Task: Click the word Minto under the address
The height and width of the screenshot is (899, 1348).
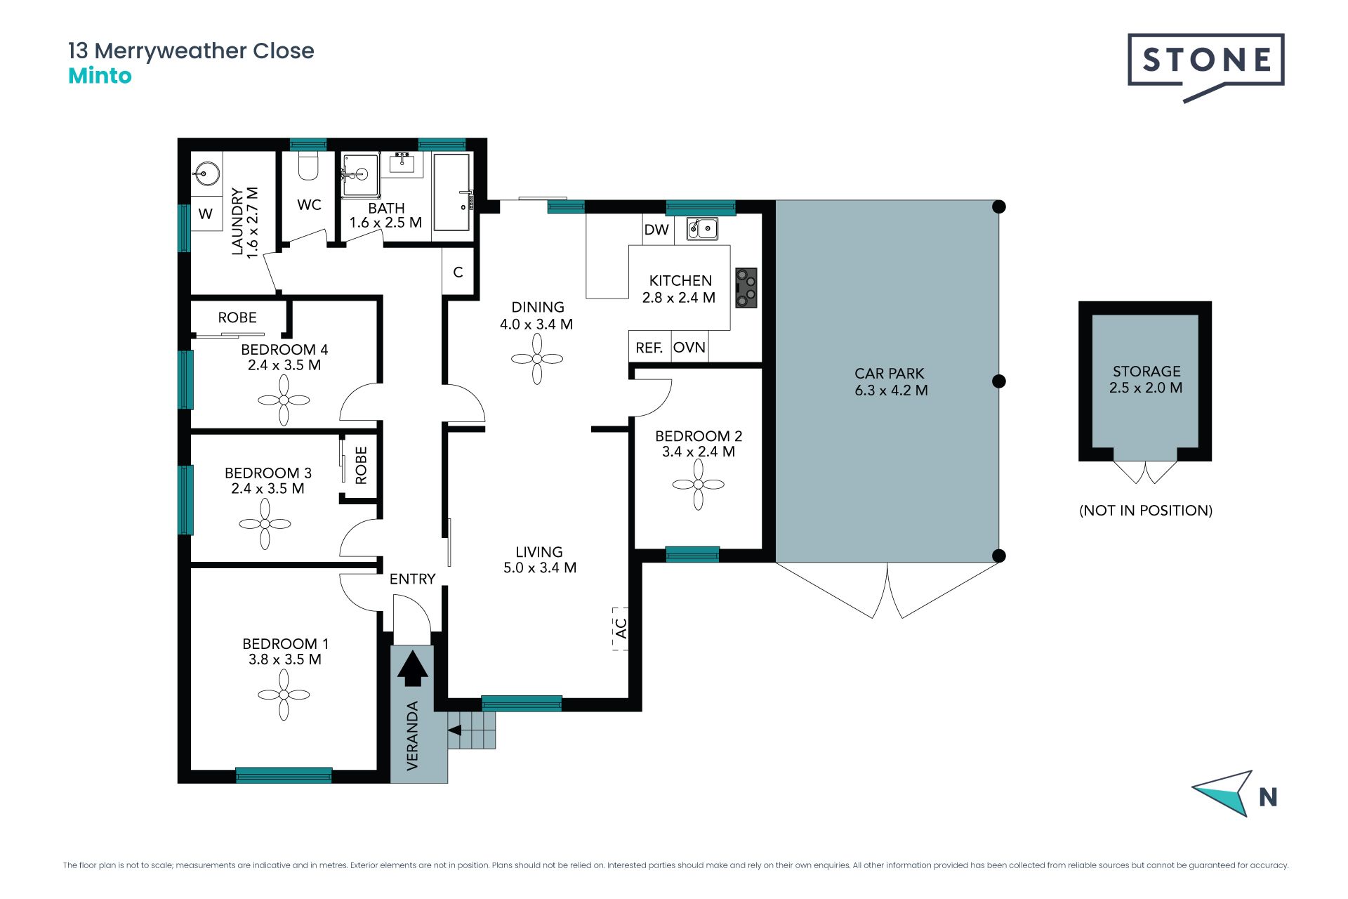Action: (x=100, y=76)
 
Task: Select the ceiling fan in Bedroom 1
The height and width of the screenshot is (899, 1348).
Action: (x=284, y=695)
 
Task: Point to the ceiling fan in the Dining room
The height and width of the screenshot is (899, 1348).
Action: (x=537, y=359)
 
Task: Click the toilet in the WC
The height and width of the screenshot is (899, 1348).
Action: (x=308, y=166)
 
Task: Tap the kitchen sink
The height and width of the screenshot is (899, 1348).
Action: (x=702, y=228)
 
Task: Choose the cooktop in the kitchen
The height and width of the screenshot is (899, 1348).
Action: (x=746, y=288)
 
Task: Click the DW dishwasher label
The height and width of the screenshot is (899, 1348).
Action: (x=656, y=230)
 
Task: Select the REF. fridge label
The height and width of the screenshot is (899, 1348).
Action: (x=649, y=348)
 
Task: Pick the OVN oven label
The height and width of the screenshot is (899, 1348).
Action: (x=689, y=348)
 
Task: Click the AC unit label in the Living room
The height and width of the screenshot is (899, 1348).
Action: (x=621, y=628)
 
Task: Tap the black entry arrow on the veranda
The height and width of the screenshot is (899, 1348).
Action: (x=413, y=668)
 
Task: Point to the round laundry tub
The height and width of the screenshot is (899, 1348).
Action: (x=207, y=171)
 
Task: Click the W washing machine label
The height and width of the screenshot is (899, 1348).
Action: (x=206, y=214)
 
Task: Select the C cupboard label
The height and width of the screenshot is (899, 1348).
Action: (x=458, y=273)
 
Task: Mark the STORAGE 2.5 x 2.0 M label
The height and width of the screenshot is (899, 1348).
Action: (x=1146, y=379)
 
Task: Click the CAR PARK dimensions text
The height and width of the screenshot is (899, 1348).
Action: (x=891, y=391)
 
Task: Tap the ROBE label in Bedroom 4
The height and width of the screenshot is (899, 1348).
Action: (x=237, y=317)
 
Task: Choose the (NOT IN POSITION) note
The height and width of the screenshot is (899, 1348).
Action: (x=1146, y=511)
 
